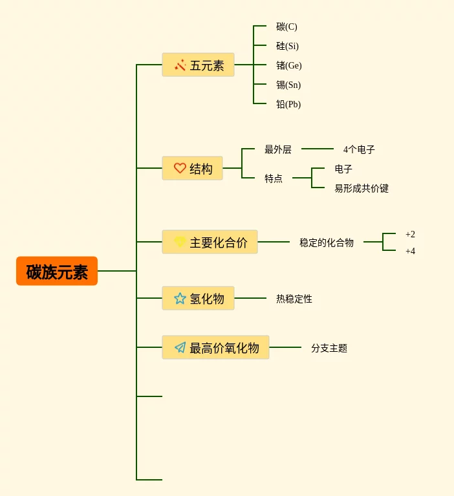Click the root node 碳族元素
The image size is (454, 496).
tap(57, 271)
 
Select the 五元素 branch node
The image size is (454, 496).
tap(198, 65)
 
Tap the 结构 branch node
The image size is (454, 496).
tap(193, 168)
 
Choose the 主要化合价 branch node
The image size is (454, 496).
tap(210, 242)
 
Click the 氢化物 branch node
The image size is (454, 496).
tap(198, 298)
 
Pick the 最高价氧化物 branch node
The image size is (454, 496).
tap(215, 347)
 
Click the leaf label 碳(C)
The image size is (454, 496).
tap(286, 27)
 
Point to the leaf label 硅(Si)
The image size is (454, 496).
tap(287, 46)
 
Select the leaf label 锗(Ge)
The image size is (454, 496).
tap(288, 65)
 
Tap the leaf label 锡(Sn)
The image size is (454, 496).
tap(288, 85)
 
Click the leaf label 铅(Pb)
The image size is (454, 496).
tap(288, 104)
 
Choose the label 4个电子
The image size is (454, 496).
tap(359, 149)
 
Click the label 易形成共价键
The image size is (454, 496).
tap(362, 188)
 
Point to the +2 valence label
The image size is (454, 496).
tap(410, 234)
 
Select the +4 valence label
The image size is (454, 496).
tap(410, 251)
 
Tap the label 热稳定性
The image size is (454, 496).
tap(294, 299)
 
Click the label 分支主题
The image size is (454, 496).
tap(329, 348)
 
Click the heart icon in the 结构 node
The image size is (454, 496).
tap(180, 168)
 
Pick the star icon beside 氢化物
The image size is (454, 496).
tap(180, 298)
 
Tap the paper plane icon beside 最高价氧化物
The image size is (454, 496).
tap(180, 347)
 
